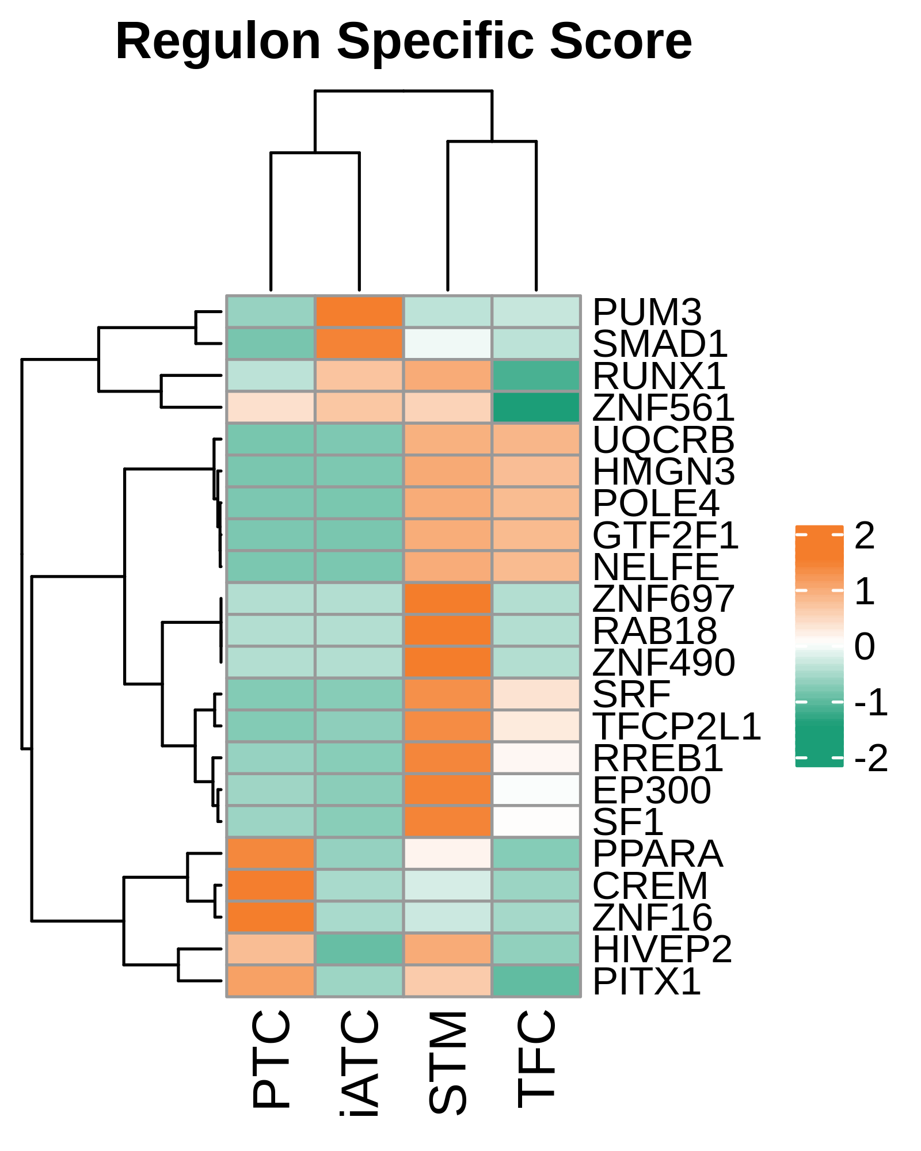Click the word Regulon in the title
[218, 43]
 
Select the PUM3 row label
[647, 312]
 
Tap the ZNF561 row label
[664, 407]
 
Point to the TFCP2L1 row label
[677, 726]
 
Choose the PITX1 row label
[647, 981]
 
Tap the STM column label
[448, 1062]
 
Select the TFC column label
[536, 1059]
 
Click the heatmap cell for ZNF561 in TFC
[536, 407]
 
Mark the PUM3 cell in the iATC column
[360, 312]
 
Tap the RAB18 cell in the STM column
[448, 630]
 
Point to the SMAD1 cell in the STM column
[448, 344]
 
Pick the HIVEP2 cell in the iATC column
[360, 949]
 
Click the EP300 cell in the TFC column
[536, 790]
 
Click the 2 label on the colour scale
[865, 535]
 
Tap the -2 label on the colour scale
[871, 758]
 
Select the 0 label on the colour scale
[865, 646]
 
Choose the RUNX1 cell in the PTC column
[271, 375]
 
